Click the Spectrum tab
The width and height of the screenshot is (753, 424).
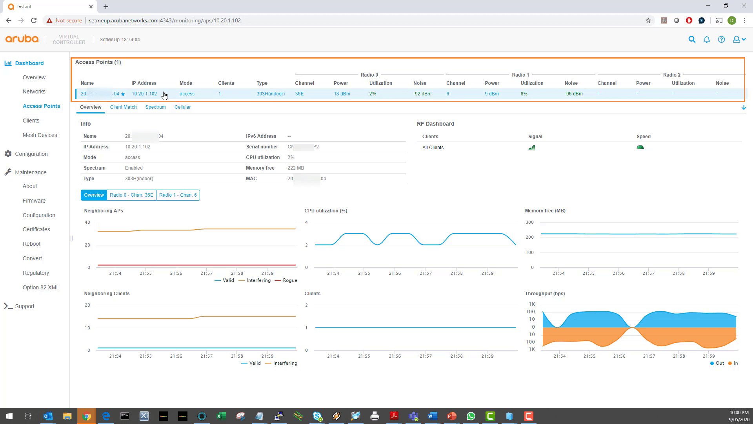click(x=155, y=107)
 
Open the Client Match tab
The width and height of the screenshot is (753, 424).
click(x=123, y=107)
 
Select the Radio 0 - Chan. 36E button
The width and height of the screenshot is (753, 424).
click(x=131, y=195)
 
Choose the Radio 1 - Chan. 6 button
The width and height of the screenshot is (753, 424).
click(x=178, y=195)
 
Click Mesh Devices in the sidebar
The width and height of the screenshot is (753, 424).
click(x=40, y=135)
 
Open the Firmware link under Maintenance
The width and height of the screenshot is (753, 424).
click(x=34, y=201)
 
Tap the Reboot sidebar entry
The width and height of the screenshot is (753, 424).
click(x=31, y=244)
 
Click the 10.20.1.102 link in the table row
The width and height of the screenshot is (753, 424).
click(x=144, y=94)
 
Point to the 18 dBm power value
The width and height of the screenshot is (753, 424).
click(x=342, y=94)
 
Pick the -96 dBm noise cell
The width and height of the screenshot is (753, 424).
click(x=573, y=94)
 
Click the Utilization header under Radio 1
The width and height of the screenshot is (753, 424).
click(x=532, y=83)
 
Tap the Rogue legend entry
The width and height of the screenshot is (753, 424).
click(x=289, y=280)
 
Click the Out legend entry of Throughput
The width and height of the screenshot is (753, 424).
click(x=719, y=363)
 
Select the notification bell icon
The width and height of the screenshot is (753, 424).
click(x=706, y=40)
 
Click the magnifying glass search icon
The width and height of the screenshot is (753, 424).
click(x=692, y=40)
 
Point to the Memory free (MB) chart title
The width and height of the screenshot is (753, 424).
click(x=545, y=211)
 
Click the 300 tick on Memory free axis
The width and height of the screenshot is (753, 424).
click(x=529, y=222)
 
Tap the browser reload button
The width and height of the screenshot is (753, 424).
click(x=34, y=20)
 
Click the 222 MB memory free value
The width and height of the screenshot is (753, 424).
click(x=295, y=168)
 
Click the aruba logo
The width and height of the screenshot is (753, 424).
click(x=22, y=39)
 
